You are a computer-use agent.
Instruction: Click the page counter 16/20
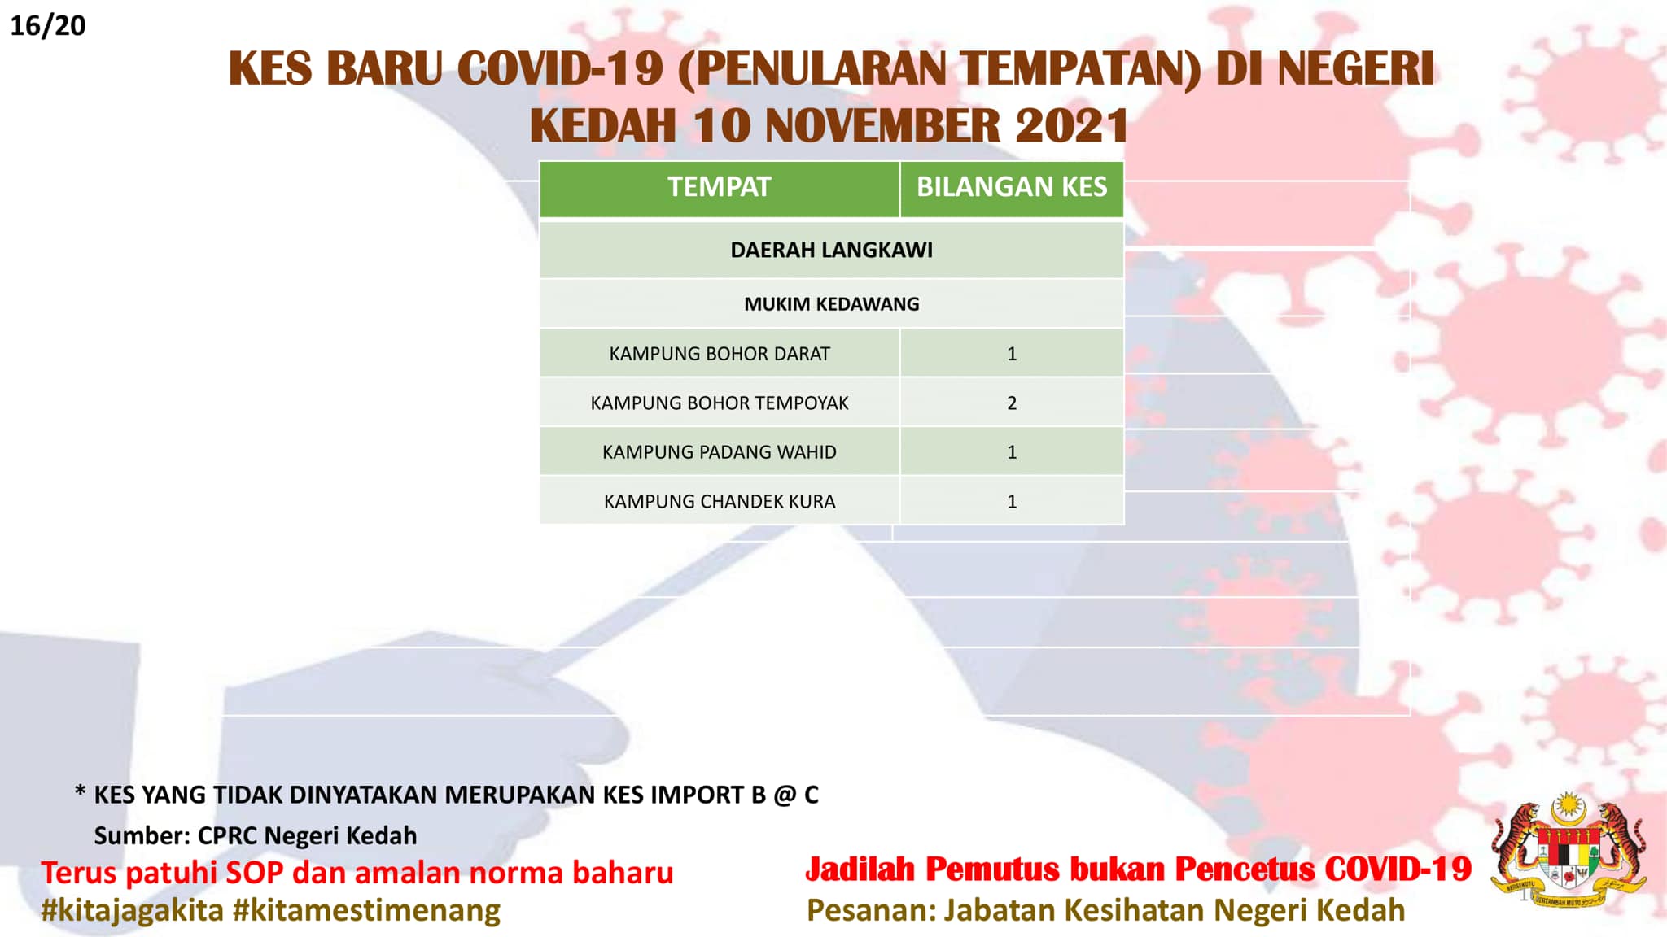pos(47,25)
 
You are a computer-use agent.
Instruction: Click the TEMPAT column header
pos(720,187)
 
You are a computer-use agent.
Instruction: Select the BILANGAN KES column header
pos(1012,187)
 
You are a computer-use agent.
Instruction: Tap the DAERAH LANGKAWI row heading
pos(831,250)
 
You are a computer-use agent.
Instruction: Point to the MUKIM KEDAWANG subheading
pos(831,304)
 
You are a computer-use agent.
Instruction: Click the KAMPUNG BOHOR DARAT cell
pos(720,354)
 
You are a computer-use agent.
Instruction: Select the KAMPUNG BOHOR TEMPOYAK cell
pos(720,403)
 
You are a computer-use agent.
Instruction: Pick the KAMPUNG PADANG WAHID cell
pos(720,452)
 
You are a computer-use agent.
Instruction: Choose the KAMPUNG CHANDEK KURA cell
pos(720,502)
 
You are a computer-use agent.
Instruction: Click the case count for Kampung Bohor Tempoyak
pos(1012,403)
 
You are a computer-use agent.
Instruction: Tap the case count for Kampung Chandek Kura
pos(1012,502)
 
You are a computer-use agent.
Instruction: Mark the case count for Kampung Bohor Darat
pos(1012,354)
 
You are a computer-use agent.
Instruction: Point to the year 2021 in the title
pos(1072,126)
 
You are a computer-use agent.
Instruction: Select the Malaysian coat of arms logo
pos(1569,850)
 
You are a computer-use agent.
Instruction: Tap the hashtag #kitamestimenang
pos(366,910)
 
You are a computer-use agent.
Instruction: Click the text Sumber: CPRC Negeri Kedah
pos(255,835)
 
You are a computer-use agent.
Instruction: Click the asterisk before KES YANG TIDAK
pos(80,791)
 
